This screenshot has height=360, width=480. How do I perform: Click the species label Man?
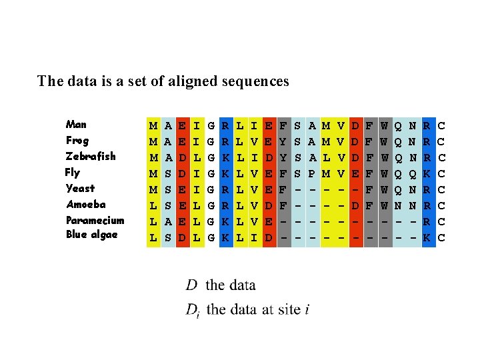tap(76, 125)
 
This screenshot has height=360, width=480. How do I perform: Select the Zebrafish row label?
tap(91, 157)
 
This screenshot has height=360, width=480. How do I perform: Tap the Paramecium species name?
tap(95, 221)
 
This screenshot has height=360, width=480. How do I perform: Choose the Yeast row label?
tap(80, 189)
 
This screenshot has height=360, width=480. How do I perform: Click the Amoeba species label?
tap(85, 205)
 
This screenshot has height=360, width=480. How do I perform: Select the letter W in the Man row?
tap(385, 125)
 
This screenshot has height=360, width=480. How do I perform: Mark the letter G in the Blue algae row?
tap(211, 237)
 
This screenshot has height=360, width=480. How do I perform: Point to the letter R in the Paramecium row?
tap(427, 221)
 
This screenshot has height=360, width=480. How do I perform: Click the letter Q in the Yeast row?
tap(399, 189)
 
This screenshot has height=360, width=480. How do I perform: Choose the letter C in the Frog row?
tap(441, 141)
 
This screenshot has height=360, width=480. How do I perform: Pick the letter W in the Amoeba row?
tap(385, 205)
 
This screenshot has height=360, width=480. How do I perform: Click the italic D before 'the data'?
tap(191, 285)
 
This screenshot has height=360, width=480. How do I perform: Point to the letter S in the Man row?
tap(297, 125)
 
